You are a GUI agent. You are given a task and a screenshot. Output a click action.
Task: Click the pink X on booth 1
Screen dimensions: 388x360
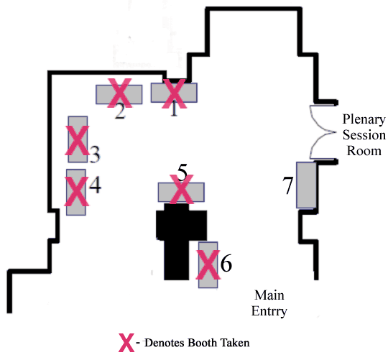[x=174, y=93]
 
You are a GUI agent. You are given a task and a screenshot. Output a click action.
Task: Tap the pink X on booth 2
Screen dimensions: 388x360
[x=120, y=93]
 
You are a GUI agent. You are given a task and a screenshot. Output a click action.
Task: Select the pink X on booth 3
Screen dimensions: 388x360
[x=77, y=140]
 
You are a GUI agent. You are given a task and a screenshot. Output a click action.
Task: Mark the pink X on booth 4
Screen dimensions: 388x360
[x=76, y=192]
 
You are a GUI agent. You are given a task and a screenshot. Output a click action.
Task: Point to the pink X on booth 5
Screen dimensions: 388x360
[x=181, y=189]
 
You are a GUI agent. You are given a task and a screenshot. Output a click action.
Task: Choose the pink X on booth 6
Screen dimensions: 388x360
[x=208, y=264]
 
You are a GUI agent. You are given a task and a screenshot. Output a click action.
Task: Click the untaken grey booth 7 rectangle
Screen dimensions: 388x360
[x=306, y=185]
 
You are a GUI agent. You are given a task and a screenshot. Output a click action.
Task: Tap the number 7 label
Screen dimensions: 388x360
[x=288, y=185]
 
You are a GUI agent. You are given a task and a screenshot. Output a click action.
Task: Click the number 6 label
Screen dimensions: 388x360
[x=226, y=263]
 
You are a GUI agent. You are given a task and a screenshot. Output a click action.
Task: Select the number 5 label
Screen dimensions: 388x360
[x=183, y=172]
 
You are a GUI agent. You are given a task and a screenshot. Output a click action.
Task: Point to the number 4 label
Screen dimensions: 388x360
[x=95, y=185]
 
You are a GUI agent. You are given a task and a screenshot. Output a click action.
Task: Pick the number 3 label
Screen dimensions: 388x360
[x=95, y=154]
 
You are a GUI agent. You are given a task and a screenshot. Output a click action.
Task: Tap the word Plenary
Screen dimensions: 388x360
[x=364, y=120]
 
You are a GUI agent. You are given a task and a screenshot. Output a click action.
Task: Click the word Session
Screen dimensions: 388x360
[x=364, y=135]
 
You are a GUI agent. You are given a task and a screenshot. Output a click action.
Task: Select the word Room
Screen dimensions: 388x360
[x=364, y=151]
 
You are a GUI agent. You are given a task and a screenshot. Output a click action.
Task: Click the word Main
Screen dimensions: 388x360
[x=269, y=295]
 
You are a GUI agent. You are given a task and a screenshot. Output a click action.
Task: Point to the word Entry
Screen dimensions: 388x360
[x=269, y=311]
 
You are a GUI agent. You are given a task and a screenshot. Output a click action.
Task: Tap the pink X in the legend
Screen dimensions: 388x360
[x=126, y=343]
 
